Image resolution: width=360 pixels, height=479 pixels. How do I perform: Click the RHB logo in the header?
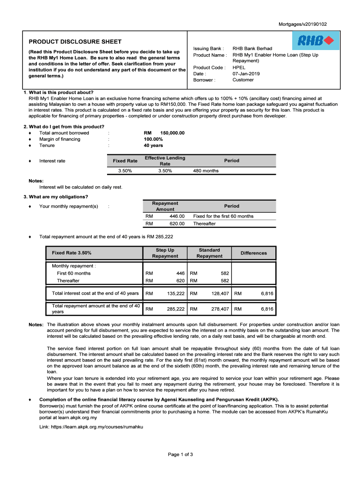coord(316,41)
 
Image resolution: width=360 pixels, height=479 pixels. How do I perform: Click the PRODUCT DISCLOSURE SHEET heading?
coord(75,42)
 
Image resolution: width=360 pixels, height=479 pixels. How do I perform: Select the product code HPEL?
coord(239,67)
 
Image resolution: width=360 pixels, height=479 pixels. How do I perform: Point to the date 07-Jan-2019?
coord(246,73)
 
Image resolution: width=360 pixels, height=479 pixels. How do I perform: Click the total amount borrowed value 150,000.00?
coord(172,133)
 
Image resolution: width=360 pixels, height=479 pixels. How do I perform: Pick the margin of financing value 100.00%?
coord(153,139)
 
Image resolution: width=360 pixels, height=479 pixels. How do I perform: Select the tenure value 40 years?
coord(153,145)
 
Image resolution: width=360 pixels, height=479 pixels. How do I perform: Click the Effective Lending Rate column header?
coord(165,161)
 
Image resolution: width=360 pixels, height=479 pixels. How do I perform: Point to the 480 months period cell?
coord(206,171)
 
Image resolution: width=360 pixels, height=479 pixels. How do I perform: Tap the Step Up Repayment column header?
coord(165,253)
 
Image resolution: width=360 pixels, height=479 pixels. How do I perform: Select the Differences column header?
coord(254,253)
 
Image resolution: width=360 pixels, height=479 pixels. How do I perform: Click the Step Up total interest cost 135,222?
coord(176,293)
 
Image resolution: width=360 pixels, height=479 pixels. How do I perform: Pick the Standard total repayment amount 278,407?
coord(220,309)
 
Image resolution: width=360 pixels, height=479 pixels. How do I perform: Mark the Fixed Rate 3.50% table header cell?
coord(72,253)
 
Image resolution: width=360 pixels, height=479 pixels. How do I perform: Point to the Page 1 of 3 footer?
coord(180,454)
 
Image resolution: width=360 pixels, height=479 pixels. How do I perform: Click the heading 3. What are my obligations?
coord(58,196)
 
